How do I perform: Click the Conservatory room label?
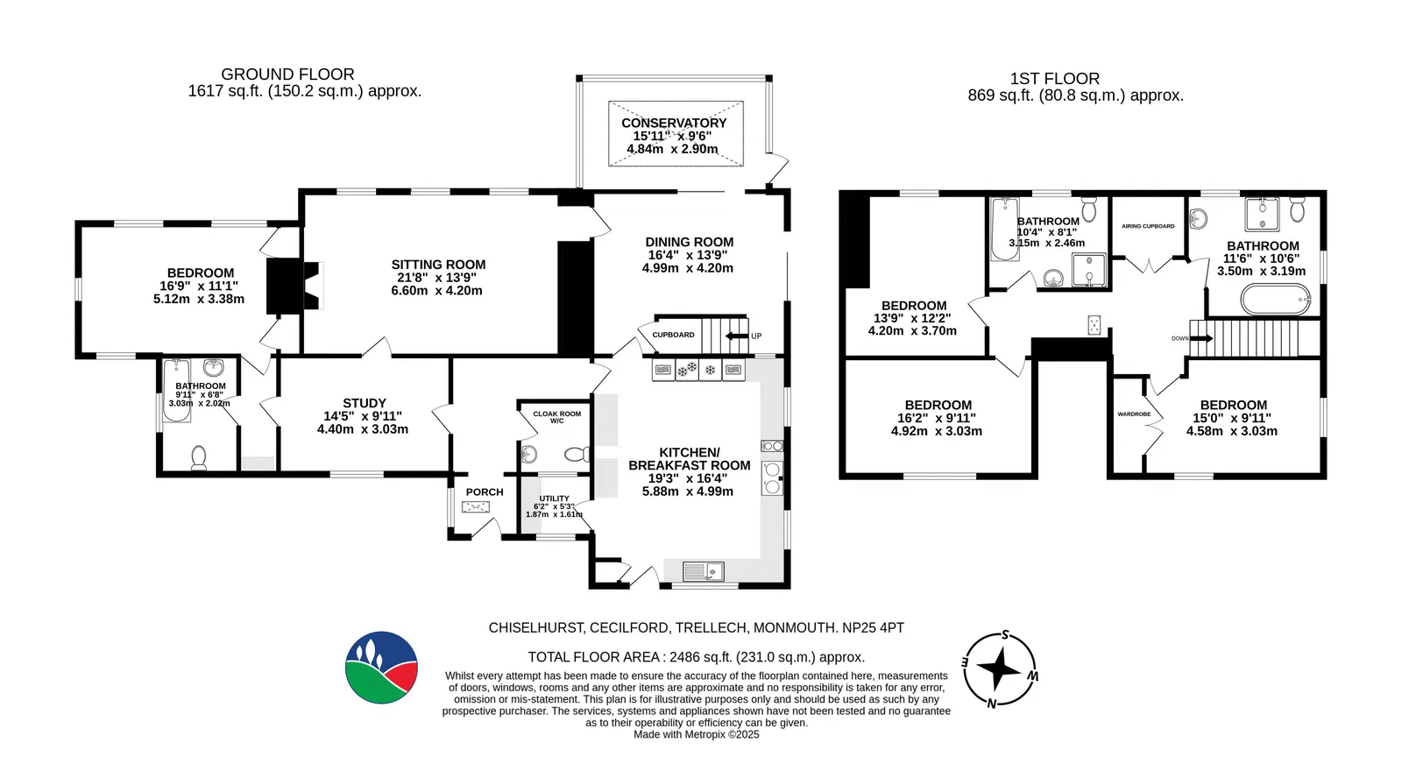point(674,123)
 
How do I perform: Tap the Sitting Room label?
point(438,265)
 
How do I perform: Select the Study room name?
point(365,403)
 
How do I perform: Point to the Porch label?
point(485,492)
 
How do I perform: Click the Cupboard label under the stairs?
point(674,335)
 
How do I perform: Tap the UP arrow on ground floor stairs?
point(737,336)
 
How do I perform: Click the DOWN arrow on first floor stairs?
point(1201,338)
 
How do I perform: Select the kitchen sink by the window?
point(704,571)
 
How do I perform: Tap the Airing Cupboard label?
point(1148,226)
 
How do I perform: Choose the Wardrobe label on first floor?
point(1134,414)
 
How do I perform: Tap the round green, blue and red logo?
point(381,668)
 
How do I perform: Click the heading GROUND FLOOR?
point(288,74)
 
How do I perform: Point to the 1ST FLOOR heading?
point(1055,79)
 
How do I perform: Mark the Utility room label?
point(554,499)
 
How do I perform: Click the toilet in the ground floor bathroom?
point(199,457)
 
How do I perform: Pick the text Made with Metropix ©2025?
point(696,735)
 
